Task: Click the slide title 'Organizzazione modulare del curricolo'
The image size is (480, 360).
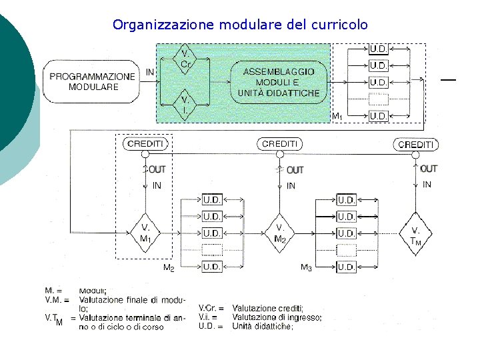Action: (x=240, y=25)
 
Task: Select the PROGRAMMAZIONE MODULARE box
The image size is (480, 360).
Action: (x=93, y=81)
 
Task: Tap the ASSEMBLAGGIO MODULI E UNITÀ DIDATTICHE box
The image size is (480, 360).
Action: (x=279, y=82)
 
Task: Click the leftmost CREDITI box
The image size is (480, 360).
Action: (x=144, y=144)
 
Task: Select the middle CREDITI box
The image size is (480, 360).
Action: (x=280, y=144)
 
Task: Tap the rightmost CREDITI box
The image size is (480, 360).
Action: (x=415, y=145)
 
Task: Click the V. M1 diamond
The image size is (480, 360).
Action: (x=145, y=233)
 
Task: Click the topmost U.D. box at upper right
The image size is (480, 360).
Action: (x=379, y=49)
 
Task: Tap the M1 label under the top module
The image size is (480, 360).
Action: (x=337, y=117)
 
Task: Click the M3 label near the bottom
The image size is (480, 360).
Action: (x=306, y=268)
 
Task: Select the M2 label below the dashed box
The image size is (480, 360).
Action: (x=169, y=268)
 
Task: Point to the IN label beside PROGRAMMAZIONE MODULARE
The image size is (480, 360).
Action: (x=150, y=71)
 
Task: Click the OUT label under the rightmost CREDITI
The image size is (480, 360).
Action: (x=429, y=169)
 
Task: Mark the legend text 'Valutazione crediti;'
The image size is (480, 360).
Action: (x=267, y=309)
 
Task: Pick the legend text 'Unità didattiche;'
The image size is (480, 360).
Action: (x=262, y=326)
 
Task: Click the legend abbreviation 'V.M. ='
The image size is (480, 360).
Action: (x=57, y=299)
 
